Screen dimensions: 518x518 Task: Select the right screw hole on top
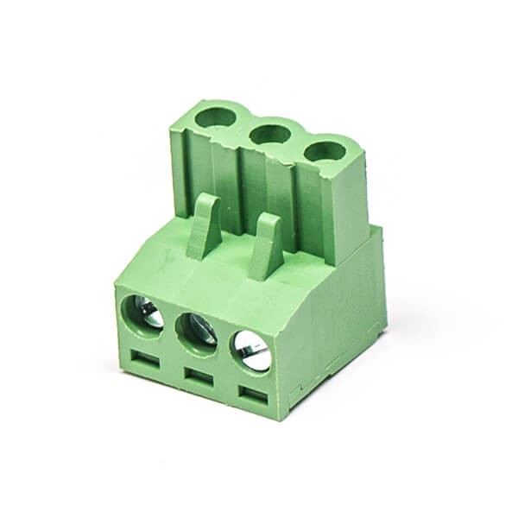(x=325, y=151)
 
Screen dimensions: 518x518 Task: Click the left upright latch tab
(x=204, y=226)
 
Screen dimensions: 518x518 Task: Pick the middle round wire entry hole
(x=198, y=331)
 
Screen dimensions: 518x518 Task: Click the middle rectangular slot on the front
(x=199, y=377)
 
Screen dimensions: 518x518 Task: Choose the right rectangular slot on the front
(x=253, y=397)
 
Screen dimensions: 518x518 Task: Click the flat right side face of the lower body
(x=341, y=319)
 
